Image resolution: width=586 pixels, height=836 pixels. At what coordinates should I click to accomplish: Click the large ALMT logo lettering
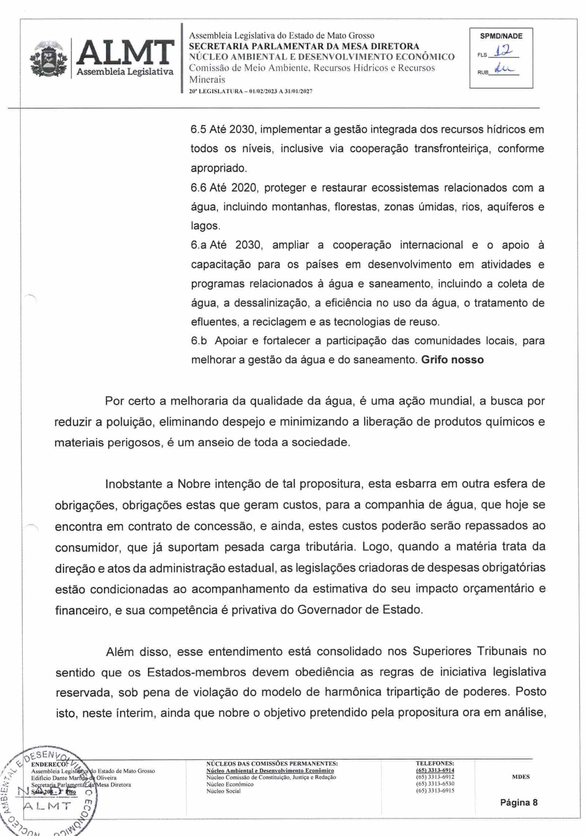point(125,53)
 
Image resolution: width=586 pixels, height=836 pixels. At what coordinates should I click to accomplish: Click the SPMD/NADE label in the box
point(501,37)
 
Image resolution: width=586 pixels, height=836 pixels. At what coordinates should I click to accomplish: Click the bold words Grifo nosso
point(452,360)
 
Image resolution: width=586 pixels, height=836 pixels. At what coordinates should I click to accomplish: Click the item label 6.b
point(199,340)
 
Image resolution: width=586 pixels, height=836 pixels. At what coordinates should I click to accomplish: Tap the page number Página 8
point(519,802)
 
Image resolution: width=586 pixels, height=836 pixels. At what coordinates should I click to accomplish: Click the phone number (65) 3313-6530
point(435,784)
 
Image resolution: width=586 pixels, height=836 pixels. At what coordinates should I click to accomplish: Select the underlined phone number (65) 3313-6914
point(435,770)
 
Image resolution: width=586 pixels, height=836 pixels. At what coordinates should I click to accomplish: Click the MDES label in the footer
point(521,777)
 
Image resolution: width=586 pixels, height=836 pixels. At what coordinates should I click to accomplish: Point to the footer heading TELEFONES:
point(434,763)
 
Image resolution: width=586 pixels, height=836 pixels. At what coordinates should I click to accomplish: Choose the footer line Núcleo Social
point(223,791)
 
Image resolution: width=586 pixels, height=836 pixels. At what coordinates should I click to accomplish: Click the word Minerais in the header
point(207,80)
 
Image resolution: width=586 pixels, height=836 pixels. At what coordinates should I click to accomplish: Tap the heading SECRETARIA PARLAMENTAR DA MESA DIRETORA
point(304,46)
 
